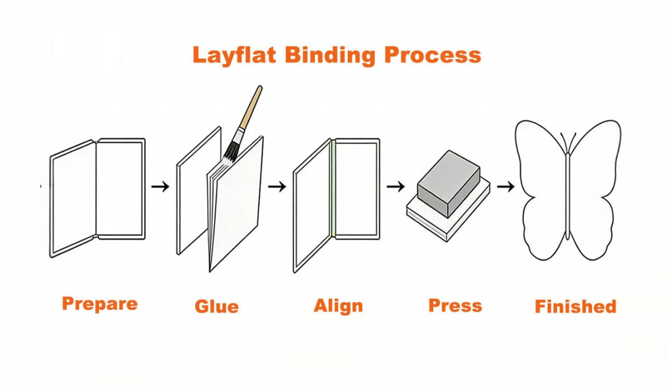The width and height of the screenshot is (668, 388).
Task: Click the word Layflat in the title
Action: click(234, 55)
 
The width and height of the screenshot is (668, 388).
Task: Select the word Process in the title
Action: click(433, 55)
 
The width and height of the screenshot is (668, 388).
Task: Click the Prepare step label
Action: click(100, 304)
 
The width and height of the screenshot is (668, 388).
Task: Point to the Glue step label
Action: click(217, 307)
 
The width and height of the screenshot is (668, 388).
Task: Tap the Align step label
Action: click(338, 305)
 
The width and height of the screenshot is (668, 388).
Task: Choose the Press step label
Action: click(455, 305)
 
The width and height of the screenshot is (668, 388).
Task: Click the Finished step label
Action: click(575, 307)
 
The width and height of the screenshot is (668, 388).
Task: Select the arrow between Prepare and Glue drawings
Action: click(160, 186)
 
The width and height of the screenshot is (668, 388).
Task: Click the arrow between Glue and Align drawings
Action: click(277, 186)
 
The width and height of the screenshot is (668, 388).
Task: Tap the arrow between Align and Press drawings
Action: click(395, 186)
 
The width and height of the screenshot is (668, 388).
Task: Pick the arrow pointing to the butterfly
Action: click(506, 186)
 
